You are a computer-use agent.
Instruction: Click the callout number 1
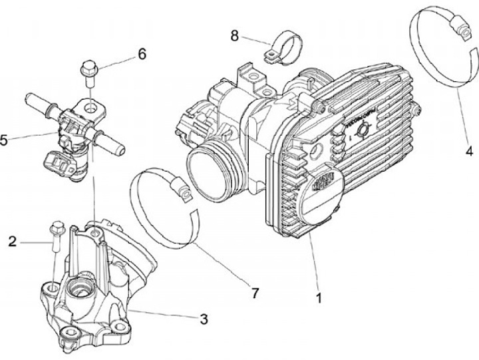click(x=320, y=298)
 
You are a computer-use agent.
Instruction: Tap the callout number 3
click(x=204, y=319)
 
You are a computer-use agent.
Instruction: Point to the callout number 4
click(x=469, y=151)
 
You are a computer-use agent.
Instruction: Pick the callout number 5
click(x=5, y=140)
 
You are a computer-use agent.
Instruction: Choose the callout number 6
click(x=141, y=54)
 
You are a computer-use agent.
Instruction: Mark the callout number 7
click(x=255, y=291)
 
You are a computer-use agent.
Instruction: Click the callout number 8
click(x=234, y=35)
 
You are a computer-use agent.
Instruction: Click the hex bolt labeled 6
click(x=88, y=69)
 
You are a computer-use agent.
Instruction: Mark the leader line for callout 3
click(x=166, y=315)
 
